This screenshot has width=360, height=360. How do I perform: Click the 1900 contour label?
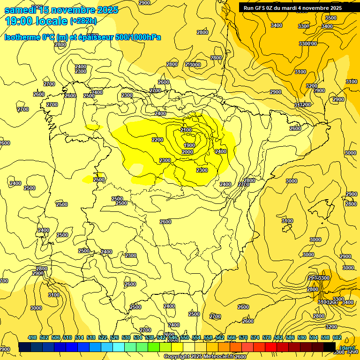click(x=189, y=145)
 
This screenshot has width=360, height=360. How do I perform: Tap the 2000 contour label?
click(x=187, y=152)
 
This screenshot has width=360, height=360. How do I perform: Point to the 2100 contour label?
click(x=186, y=130)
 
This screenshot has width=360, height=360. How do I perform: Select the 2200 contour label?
click(x=157, y=140)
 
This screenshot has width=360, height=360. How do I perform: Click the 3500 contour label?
click(x=330, y=18)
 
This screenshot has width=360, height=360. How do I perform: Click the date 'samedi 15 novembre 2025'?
click(x=61, y=10)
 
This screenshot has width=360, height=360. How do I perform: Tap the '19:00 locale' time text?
click(x=36, y=21)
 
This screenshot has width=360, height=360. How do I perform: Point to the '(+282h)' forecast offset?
click(x=83, y=21)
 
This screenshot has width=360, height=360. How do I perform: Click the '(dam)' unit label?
click(x=347, y=347)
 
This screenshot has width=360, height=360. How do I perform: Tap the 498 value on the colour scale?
click(x=32, y=337)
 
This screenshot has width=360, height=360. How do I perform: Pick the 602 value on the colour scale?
click(x=337, y=337)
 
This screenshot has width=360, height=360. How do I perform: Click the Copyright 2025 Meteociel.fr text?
click(x=199, y=357)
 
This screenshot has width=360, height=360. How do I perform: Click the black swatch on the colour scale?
click(x=330, y=347)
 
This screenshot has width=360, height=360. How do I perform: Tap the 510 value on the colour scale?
click(x=67, y=337)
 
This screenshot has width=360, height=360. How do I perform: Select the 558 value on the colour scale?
click(x=208, y=337)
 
